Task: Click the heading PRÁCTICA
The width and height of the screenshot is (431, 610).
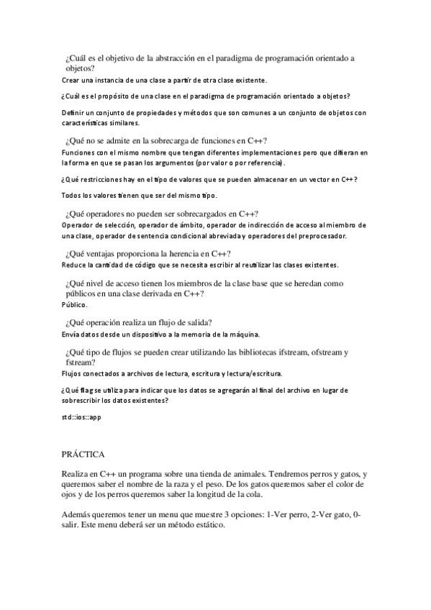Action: coord(83,455)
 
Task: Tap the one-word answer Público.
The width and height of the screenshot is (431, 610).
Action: coord(74,305)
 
